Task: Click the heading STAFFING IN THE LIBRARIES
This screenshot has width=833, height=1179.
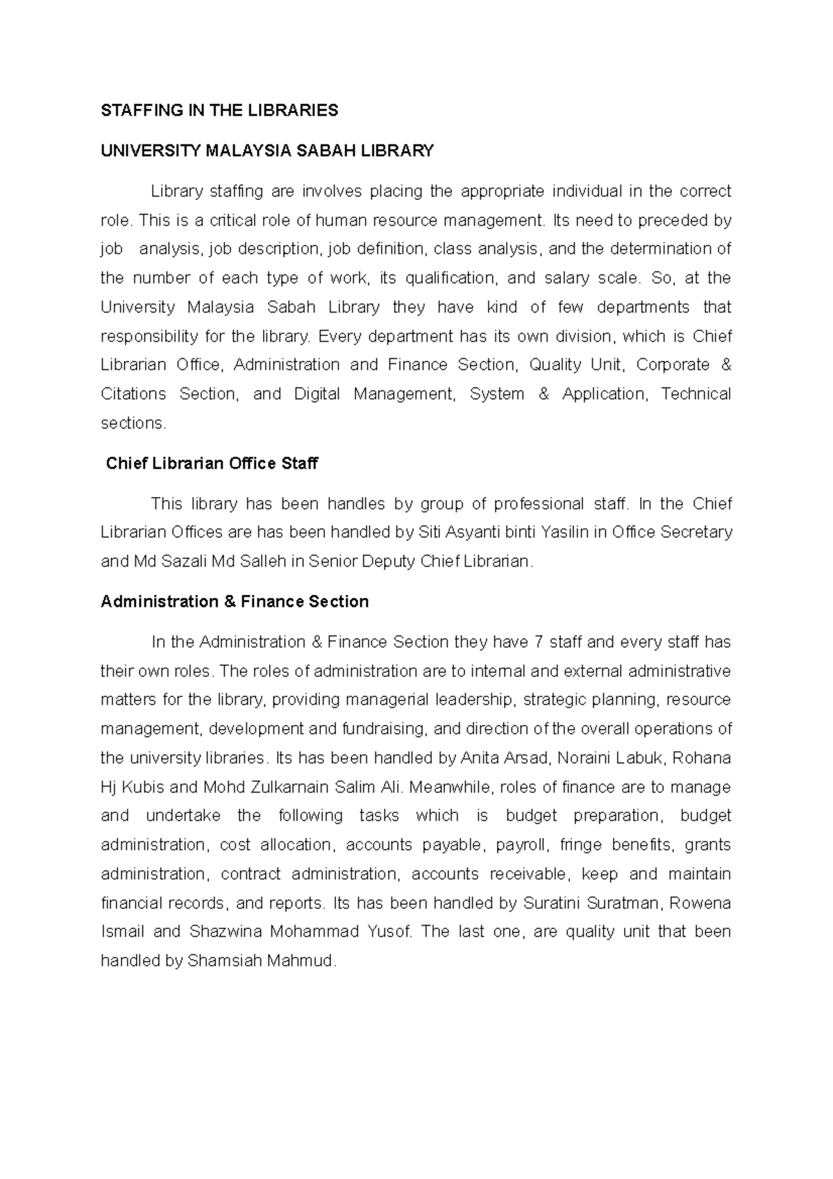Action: point(219,110)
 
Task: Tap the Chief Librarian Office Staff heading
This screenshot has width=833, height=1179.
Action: point(212,464)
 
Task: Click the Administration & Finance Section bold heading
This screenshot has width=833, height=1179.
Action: point(235,602)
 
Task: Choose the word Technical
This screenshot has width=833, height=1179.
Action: point(696,394)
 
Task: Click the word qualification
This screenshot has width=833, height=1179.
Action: point(451,278)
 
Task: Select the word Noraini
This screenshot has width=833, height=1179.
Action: point(584,758)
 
